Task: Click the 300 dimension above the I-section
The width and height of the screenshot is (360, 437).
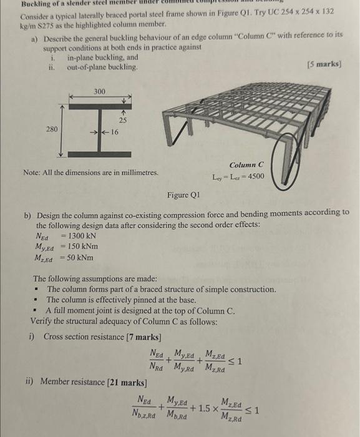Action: pyautogui.click(x=100, y=91)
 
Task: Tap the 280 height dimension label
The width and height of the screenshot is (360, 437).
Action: pyautogui.click(x=53, y=130)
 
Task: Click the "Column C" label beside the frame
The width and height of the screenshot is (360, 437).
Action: pyautogui.click(x=246, y=164)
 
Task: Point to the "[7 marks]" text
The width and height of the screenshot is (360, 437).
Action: pyautogui.click(x=145, y=338)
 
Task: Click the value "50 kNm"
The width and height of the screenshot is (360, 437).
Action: pyautogui.click(x=77, y=258)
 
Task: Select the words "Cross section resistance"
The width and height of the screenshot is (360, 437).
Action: pyautogui.click(x=84, y=338)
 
